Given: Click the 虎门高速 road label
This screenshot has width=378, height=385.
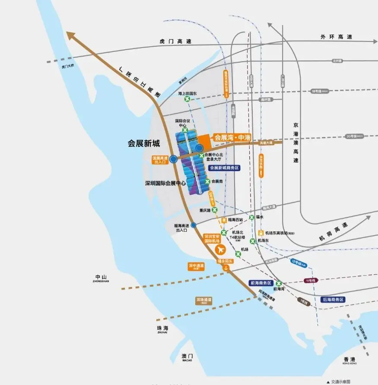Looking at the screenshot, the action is [x=175, y=41].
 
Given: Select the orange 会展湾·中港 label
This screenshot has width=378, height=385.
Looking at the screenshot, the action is [x=232, y=137].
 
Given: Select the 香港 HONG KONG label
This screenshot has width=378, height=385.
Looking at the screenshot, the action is [x=349, y=361].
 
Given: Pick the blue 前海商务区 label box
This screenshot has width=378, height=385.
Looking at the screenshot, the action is [x=260, y=283].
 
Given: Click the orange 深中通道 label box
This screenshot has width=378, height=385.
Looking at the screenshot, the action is [x=196, y=267].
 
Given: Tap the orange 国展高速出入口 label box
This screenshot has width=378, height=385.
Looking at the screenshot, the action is [x=159, y=160].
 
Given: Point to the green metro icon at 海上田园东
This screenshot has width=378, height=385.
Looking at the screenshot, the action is [x=187, y=99].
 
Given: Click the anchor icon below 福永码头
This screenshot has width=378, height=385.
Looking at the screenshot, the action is [x=225, y=268].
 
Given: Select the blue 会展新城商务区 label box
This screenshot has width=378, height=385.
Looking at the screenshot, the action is [x=224, y=168].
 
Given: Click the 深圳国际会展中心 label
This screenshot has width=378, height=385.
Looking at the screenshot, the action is [x=165, y=183].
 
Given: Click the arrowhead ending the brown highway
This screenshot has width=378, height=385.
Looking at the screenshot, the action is [x=70, y=36].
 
